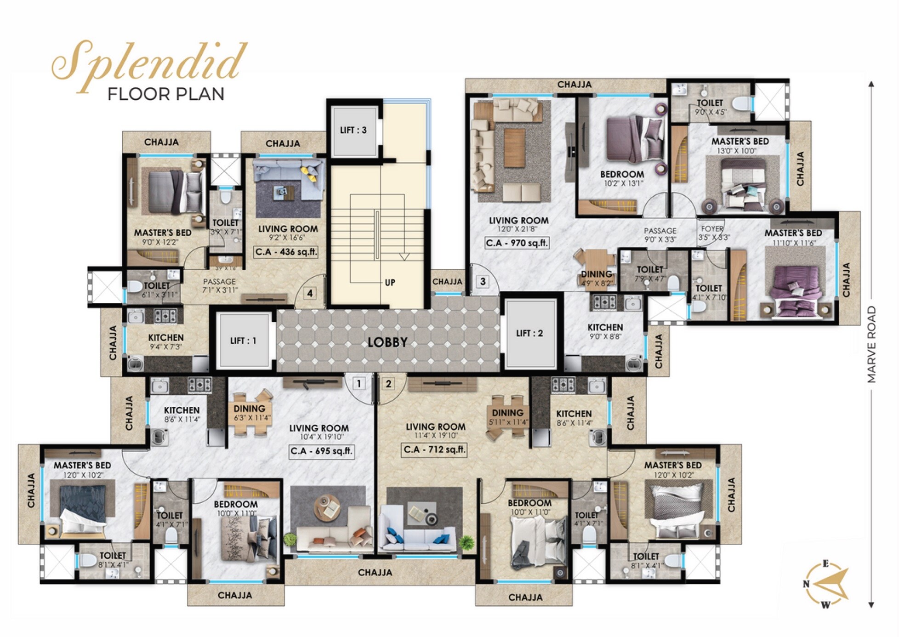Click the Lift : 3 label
(x=353, y=130)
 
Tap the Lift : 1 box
(x=243, y=341)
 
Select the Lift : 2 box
(x=529, y=333)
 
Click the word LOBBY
(x=387, y=342)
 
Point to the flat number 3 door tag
(x=482, y=281)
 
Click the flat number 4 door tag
(x=310, y=293)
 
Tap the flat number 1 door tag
(x=358, y=383)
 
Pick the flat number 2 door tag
(x=389, y=383)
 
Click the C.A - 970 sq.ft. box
(x=517, y=243)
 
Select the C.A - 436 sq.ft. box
(x=286, y=252)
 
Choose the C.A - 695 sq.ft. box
(x=321, y=451)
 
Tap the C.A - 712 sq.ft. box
(x=434, y=449)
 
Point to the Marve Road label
(x=871, y=345)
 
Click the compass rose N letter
(x=806, y=584)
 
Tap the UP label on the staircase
(x=390, y=282)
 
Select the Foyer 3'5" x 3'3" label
(x=713, y=233)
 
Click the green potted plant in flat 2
(x=466, y=543)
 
